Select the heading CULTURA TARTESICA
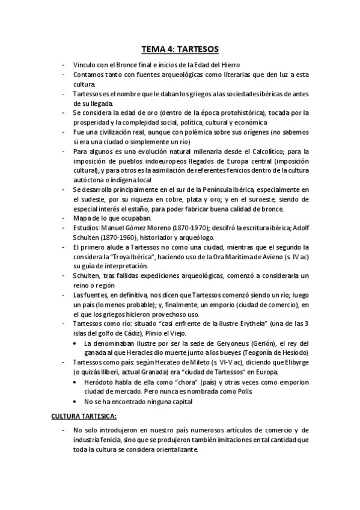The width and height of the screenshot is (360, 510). click(x=83, y=416)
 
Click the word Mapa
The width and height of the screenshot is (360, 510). click(x=83, y=219)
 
